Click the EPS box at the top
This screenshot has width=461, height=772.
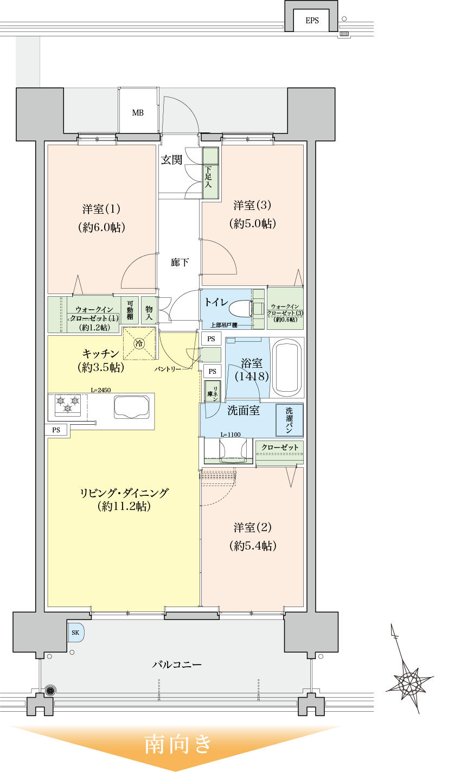(x=312, y=21)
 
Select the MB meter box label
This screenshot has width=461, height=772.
(x=138, y=113)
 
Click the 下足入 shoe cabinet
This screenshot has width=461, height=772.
(x=210, y=173)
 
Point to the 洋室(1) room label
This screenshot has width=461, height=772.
(x=101, y=209)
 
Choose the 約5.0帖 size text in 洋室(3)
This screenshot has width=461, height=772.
(x=253, y=224)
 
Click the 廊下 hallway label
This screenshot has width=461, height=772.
(x=180, y=263)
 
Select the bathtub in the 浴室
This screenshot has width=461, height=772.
(x=286, y=368)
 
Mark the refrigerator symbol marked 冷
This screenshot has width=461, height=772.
(x=139, y=343)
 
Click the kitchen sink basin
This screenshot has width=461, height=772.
(x=131, y=407)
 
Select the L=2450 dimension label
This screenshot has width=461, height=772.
(x=101, y=390)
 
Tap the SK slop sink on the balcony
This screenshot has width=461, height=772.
(x=75, y=633)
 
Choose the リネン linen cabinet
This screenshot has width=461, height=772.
(x=210, y=391)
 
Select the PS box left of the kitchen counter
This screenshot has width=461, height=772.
(x=56, y=430)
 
